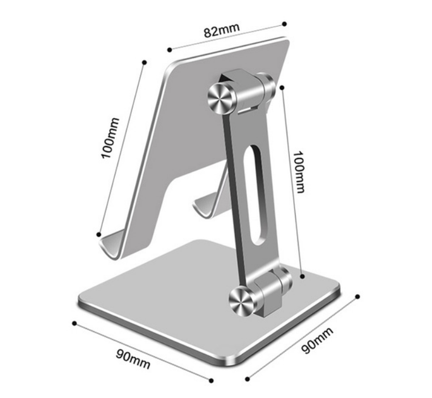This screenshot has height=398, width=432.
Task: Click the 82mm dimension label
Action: coord(222,30)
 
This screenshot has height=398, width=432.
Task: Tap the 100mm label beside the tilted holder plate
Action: coord(110,138)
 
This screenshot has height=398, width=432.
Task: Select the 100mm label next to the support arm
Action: coord(298,172)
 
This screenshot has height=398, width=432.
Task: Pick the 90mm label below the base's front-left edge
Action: coord(133,359)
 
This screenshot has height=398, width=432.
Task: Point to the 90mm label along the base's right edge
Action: coord(317,340)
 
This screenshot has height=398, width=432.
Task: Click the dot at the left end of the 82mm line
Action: coord(170,50)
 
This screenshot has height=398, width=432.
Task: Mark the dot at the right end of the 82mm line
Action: coord(285,24)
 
